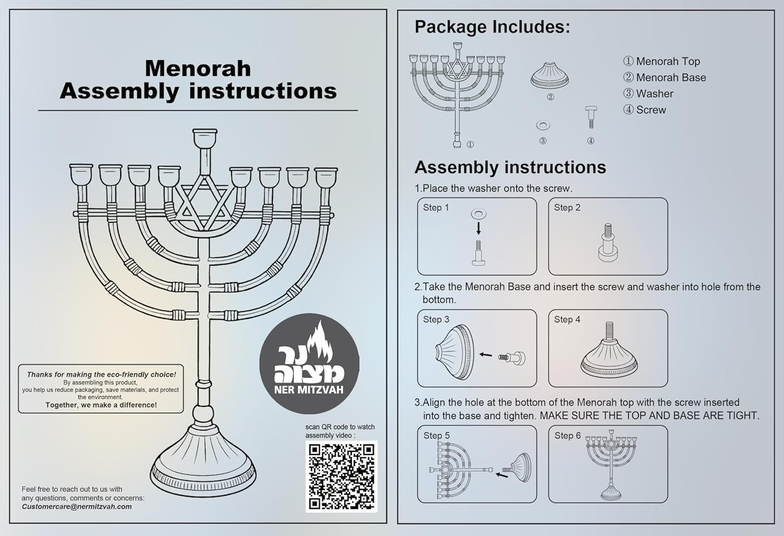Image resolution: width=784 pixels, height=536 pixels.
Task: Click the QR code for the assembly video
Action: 341,476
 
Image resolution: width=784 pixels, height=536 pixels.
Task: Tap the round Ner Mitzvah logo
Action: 309,363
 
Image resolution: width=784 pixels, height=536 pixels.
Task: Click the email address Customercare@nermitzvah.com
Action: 77,506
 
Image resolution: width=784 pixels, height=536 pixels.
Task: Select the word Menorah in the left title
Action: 198,69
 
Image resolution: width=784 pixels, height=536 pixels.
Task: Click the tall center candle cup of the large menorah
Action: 204,139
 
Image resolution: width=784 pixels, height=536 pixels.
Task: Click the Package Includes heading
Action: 492,27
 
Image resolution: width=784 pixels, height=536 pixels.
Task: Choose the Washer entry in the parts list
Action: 648,94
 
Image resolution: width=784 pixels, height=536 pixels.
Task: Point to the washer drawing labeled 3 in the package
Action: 543,125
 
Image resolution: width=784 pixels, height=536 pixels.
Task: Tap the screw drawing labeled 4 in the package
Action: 591,117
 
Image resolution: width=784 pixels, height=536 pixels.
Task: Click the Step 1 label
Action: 436,208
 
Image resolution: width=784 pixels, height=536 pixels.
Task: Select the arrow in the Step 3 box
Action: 486,355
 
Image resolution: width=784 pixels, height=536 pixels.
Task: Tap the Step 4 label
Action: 567,320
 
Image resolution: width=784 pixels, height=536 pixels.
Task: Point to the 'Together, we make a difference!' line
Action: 101,405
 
